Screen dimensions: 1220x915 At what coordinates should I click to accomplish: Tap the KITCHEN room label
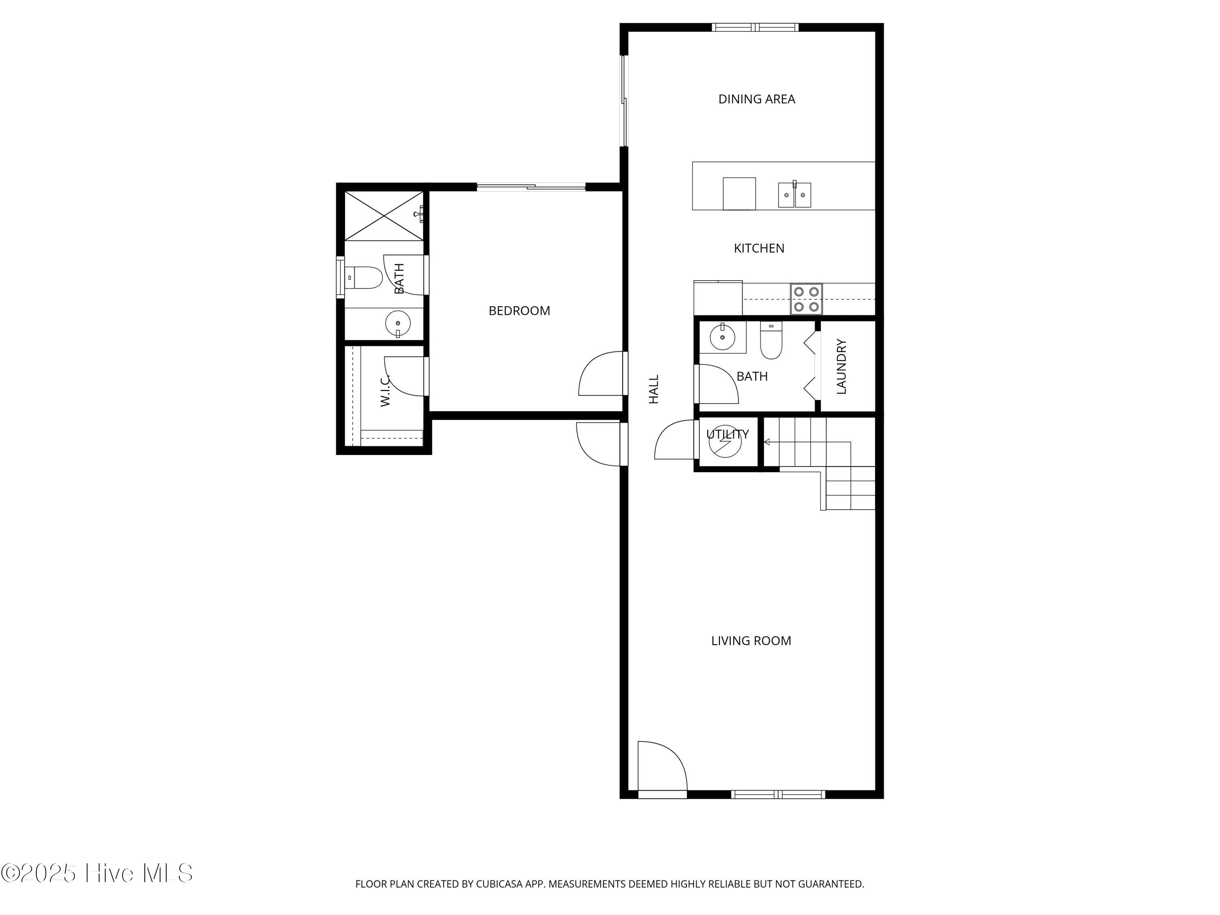point(759,248)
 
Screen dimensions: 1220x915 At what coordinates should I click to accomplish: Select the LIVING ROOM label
point(751,640)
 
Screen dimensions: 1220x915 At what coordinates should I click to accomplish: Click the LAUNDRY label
point(841,367)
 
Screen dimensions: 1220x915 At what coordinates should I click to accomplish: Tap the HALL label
point(654,390)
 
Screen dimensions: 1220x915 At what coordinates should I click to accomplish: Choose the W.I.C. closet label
point(385,390)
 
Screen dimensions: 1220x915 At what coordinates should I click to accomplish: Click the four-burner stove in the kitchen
point(806,299)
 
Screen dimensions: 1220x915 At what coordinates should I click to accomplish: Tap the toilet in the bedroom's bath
point(364,277)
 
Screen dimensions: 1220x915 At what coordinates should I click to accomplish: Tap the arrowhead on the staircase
point(767,442)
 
